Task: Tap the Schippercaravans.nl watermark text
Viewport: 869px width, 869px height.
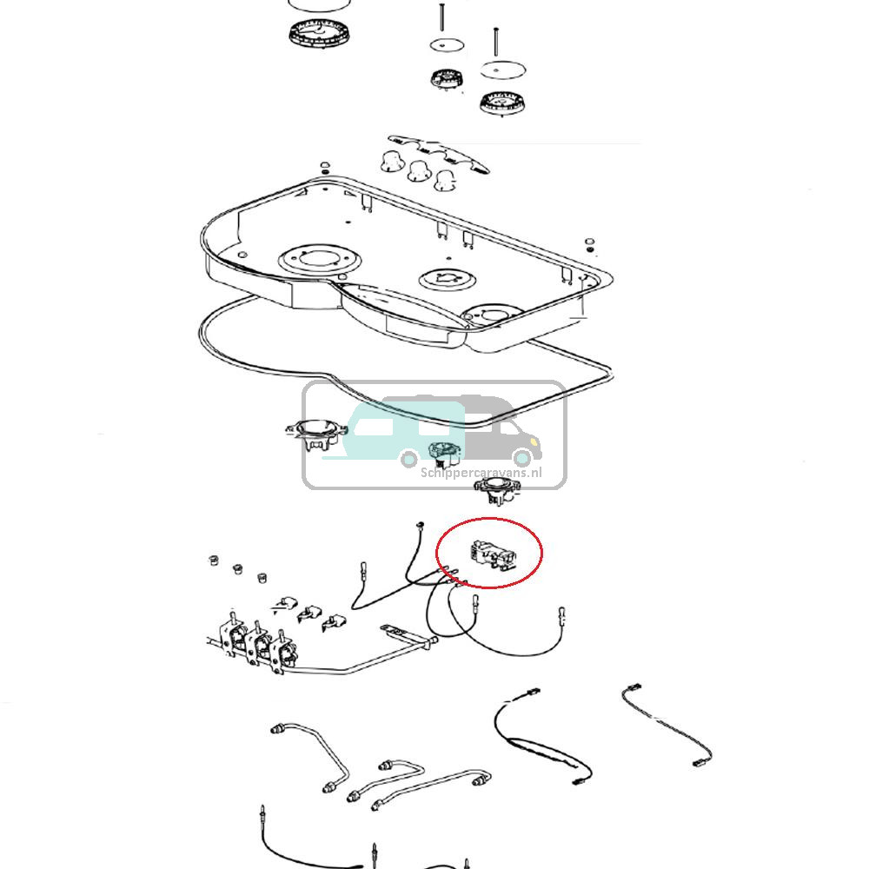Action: pyautogui.click(x=481, y=473)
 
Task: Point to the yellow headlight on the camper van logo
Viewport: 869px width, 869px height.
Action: pyautogui.click(x=534, y=441)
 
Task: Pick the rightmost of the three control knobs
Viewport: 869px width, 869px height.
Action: pyautogui.click(x=445, y=181)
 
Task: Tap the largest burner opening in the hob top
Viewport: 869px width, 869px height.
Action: pyautogui.click(x=320, y=260)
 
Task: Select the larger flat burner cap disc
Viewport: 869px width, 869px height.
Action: pyautogui.click(x=502, y=70)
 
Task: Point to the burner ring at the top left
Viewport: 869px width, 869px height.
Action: pyautogui.click(x=321, y=33)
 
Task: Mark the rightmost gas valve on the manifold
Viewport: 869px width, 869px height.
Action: pyautogui.click(x=283, y=653)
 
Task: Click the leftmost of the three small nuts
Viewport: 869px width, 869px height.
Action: pyautogui.click(x=212, y=560)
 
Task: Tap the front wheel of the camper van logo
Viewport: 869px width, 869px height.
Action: pyautogui.click(x=522, y=458)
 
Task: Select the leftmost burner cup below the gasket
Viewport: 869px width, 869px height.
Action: pyautogui.click(x=316, y=434)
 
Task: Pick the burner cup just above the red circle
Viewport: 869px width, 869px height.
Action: pyautogui.click(x=498, y=490)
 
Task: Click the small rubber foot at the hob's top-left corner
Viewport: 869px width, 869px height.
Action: pyautogui.click(x=325, y=167)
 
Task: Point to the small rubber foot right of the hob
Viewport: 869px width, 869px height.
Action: pyautogui.click(x=589, y=244)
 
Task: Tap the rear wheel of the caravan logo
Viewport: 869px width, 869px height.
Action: pyautogui.click(x=409, y=458)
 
